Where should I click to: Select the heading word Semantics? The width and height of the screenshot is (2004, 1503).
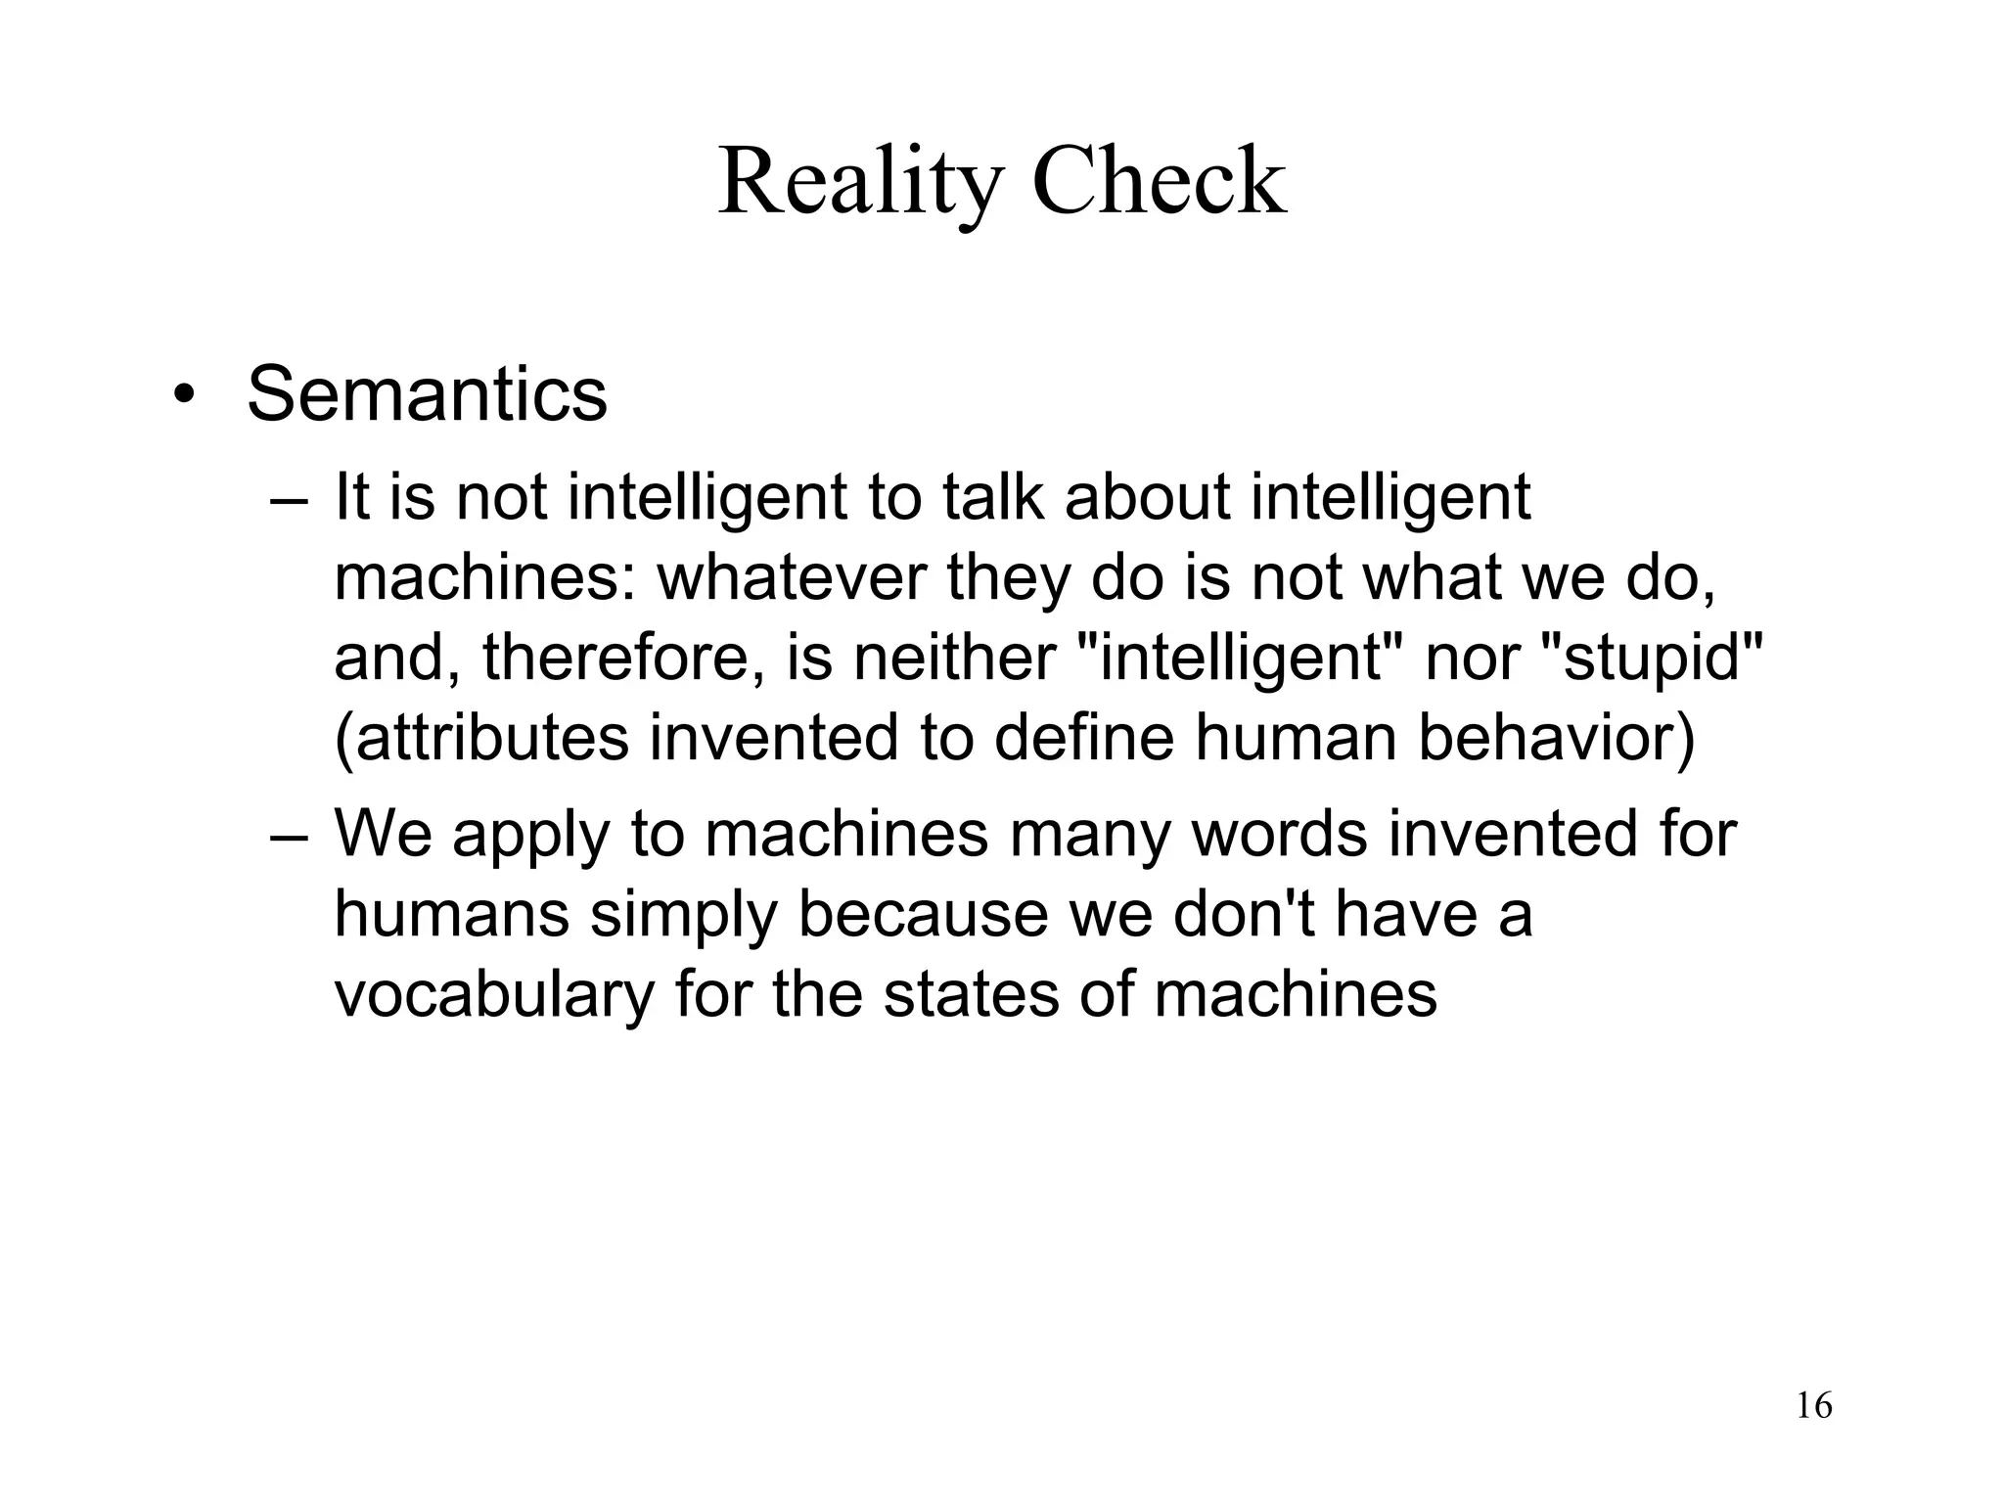coord(427,394)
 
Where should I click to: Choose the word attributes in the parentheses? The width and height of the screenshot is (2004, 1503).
coord(490,738)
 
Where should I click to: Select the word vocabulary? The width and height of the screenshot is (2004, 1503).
coord(493,994)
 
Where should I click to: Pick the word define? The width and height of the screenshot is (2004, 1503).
coord(1083,738)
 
